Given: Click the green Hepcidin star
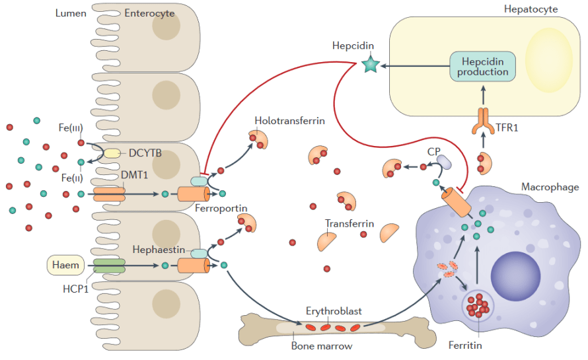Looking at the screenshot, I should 370,64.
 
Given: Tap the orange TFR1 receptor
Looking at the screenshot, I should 482,120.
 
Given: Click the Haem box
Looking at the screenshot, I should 65,266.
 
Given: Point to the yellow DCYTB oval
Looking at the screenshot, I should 110,153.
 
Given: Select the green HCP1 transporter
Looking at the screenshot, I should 109,266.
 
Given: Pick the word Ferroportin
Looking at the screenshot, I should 221,208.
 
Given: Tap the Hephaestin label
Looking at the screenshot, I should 159,250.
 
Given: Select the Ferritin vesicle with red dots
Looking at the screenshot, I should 476,305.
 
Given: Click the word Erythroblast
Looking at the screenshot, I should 333,310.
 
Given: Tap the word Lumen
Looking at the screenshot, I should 71,13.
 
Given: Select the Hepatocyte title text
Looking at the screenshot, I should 531,9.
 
